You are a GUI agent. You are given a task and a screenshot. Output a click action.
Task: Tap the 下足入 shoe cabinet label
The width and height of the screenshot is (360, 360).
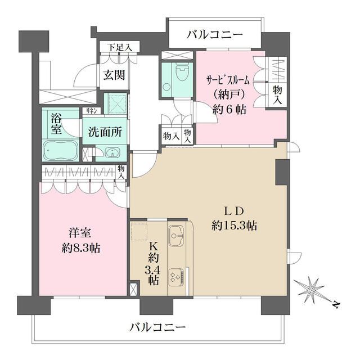pos(120,47)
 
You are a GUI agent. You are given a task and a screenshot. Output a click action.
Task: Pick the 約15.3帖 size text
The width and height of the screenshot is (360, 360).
pos(235,226)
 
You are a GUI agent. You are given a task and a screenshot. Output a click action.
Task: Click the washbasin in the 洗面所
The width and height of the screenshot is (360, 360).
pos(112,152)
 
